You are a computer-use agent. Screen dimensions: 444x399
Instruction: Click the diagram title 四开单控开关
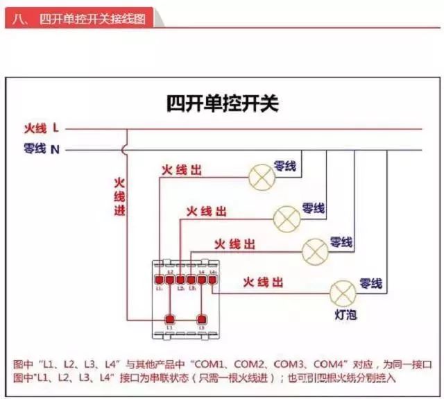pos(222,104)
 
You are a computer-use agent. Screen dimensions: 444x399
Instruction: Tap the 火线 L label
pos(41,128)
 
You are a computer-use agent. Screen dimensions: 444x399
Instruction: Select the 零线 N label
pos(41,148)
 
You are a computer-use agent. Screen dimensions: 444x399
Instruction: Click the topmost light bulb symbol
pos(262,178)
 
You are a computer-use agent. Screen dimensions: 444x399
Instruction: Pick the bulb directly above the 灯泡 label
pos(342,292)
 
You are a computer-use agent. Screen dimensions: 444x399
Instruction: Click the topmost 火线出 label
pos(181,170)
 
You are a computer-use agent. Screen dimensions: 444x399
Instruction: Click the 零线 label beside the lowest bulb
pos(370,283)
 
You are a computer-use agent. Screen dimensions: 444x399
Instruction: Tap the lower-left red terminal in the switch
pos(169,319)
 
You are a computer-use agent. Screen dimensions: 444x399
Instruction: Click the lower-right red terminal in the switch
pos(202,319)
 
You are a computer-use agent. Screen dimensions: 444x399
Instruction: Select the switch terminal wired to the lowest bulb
pos(212,279)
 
